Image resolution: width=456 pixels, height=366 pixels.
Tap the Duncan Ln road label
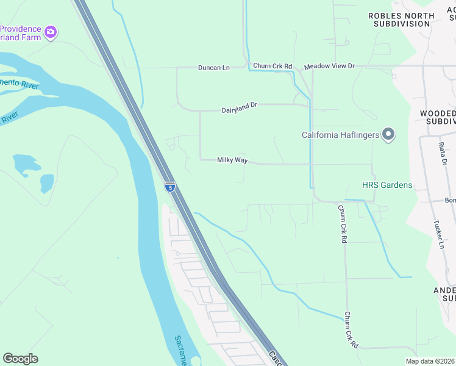(x=213, y=68)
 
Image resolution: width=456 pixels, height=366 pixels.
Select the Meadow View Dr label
(x=329, y=66)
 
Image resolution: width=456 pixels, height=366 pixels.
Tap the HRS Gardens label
(x=387, y=185)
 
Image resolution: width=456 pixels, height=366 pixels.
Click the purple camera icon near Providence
(x=51, y=31)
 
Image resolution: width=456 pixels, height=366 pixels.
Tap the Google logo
(x=20, y=359)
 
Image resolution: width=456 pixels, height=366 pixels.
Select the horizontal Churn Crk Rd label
(x=273, y=66)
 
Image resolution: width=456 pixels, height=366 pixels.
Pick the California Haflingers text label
(x=340, y=135)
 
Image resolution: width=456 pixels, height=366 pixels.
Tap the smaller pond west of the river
(x=46, y=182)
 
